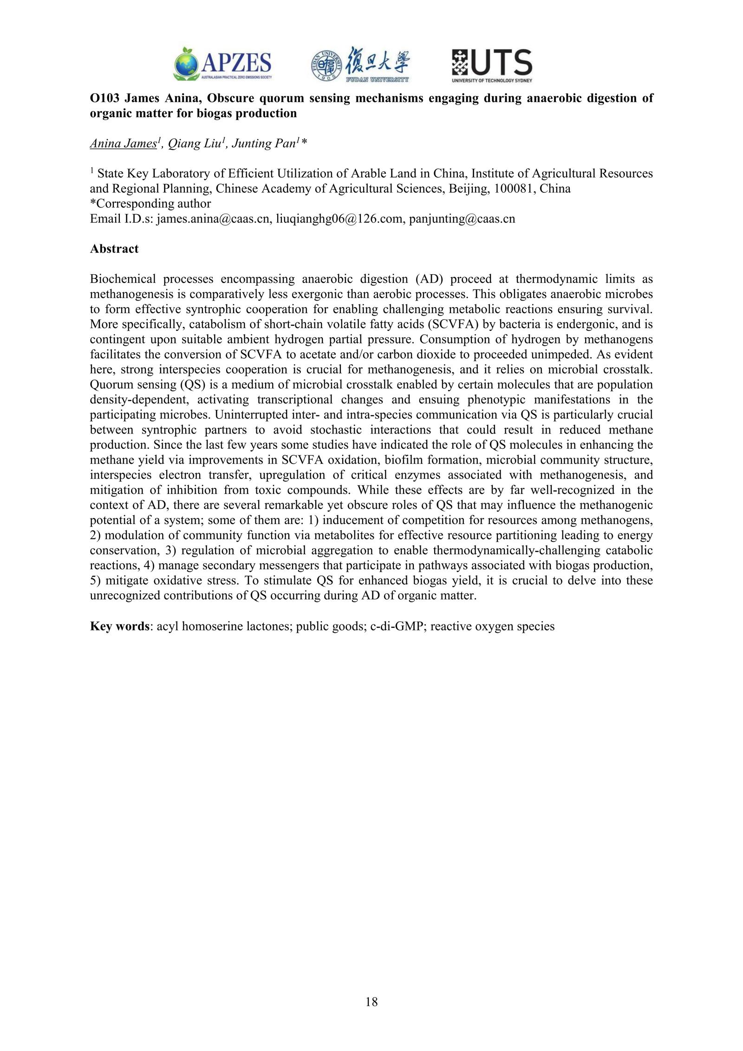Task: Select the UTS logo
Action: click(492, 66)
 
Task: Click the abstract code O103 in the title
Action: click(104, 99)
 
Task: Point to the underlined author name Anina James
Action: click(123, 144)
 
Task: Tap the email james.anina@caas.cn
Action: click(214, 219)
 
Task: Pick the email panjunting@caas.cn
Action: click(462, 219)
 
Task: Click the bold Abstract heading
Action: click(114, 249)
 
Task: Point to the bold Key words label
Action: click(119, 626)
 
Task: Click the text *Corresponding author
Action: click(150, 204)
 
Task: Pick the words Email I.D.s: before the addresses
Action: click(121, 219)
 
